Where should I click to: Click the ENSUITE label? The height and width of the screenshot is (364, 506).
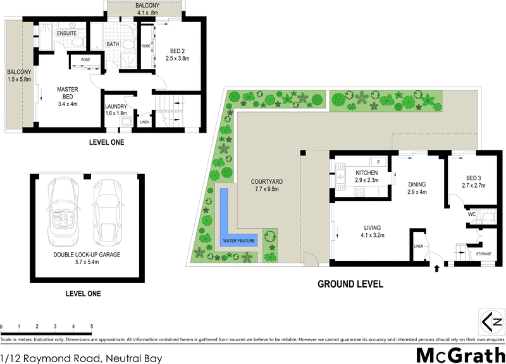(66, 32)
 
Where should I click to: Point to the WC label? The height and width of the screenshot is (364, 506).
(471, 214)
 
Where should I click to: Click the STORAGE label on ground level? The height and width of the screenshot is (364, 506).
(483, 254)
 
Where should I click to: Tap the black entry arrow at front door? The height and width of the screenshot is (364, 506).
(437, 268)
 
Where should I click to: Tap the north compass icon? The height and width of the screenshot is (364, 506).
(493, 322)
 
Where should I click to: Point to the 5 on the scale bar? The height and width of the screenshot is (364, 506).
(92, 327)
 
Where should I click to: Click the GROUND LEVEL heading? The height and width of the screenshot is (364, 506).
(350, 284)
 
